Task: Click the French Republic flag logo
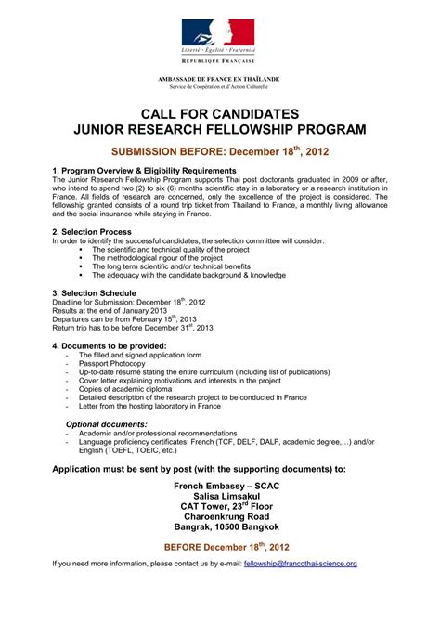pyautogui.click(x=219, y=36)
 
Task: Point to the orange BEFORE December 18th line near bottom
pyautogui.click(x=220, y=546)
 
